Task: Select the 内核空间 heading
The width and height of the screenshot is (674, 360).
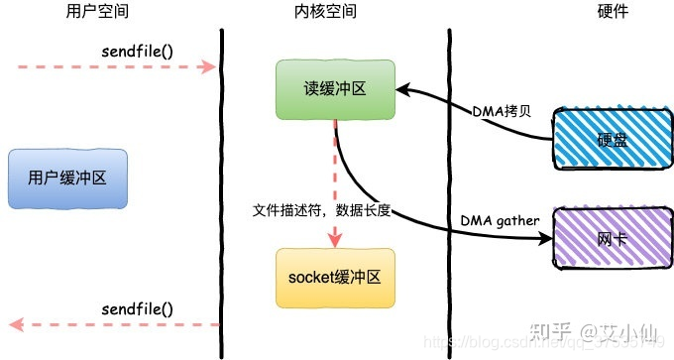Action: (332, 12)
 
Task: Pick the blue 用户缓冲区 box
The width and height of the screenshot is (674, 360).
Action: (66, 180)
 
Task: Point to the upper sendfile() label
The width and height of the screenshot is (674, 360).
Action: (138, 50)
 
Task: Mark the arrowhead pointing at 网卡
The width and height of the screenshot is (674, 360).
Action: (546, 239)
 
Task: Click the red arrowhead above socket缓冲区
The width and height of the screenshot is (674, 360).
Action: (335, 239)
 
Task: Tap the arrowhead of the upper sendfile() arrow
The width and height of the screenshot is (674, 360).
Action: (210, 67)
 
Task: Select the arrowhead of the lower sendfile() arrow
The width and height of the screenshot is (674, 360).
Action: (15, 324)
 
